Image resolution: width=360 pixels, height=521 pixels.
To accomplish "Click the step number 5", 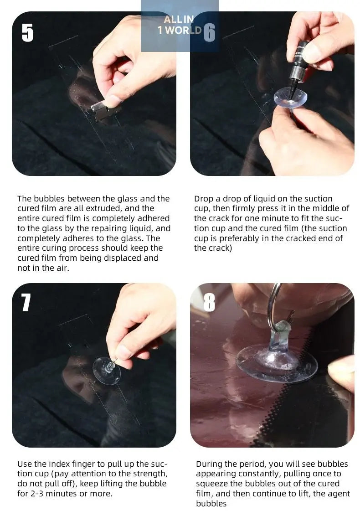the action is [x=27, y=33].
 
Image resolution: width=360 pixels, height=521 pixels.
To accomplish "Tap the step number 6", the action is [x=209, y=33].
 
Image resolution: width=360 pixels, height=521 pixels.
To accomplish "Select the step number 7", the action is [x=26, y=302].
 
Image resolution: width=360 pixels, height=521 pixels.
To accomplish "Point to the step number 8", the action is [x=209, y=302].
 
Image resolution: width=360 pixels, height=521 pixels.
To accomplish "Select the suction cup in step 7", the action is [x=107, y=371].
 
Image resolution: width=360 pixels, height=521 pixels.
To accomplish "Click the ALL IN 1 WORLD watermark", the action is [x=180, y=25].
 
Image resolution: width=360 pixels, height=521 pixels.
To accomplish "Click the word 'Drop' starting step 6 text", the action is [x=204, y=199].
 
